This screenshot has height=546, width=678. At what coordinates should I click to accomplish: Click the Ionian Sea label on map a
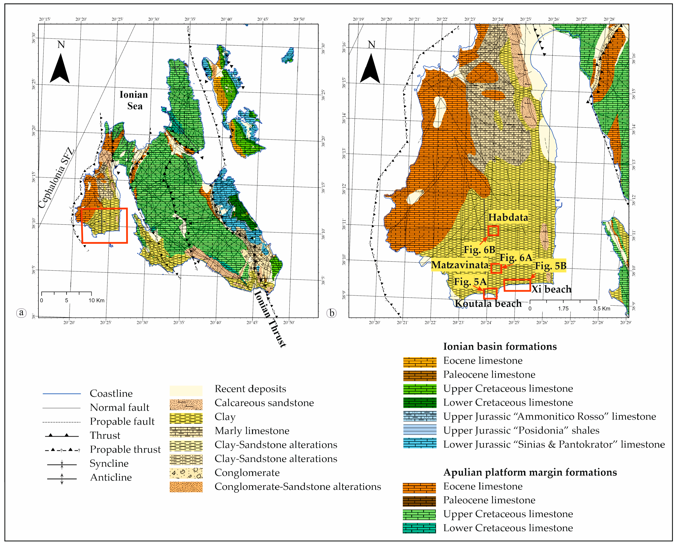(x=134, y=100)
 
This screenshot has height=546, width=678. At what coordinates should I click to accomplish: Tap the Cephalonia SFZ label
(x=57, y=178)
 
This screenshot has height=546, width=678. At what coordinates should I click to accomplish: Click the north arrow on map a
(x=60, y=68)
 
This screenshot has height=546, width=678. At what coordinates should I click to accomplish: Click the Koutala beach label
(x=488, y=303)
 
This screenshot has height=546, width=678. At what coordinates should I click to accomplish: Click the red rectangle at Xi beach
(x=517, y=285)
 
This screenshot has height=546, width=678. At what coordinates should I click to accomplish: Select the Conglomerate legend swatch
(x=186, y=473)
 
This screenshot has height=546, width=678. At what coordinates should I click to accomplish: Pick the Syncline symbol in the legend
(x=62, y=464)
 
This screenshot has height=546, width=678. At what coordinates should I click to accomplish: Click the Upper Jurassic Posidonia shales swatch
(x=419, y=430)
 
